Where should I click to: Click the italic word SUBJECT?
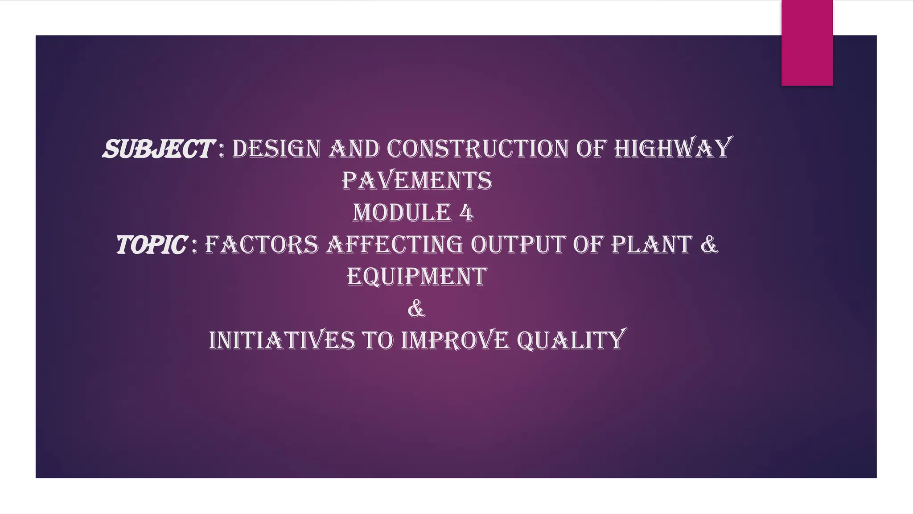coord(158,149)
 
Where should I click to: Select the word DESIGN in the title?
coord(276,149)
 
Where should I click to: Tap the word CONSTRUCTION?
coord(477,149)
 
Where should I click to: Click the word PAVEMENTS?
coord(417,181)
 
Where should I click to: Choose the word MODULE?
coord(402,213)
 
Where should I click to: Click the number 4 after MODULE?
coord(466,213)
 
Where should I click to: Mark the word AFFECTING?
coord(395,245)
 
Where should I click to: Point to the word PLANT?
coord(651,245)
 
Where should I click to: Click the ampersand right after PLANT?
coord(709,245)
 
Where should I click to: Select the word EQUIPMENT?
coord(417,277)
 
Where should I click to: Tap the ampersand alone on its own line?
coord(416,309)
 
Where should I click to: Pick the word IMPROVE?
coord(455,340)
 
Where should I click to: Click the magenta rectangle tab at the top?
coord(807,43)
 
